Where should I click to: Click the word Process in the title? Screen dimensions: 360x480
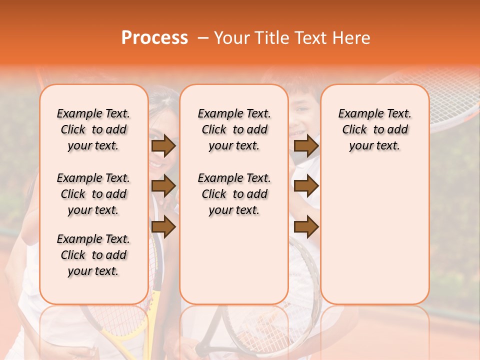154,38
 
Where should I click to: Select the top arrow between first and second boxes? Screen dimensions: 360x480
163,146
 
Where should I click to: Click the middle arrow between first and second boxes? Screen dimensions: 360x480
163,186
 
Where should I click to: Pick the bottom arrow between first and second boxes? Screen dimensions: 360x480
163,227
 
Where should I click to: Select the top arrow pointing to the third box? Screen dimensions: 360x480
306,146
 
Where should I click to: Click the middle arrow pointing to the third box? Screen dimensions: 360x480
306,186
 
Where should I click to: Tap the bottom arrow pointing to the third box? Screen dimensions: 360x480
306,227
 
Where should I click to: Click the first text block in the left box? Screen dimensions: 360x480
93,129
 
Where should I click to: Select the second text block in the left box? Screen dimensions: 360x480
93,194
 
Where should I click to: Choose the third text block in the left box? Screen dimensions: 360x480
93,255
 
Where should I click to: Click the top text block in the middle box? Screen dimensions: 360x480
234,129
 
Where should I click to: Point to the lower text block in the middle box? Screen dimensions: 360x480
234,194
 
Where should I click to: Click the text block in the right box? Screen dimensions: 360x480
374,129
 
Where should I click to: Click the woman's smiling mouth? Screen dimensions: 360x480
156,163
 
